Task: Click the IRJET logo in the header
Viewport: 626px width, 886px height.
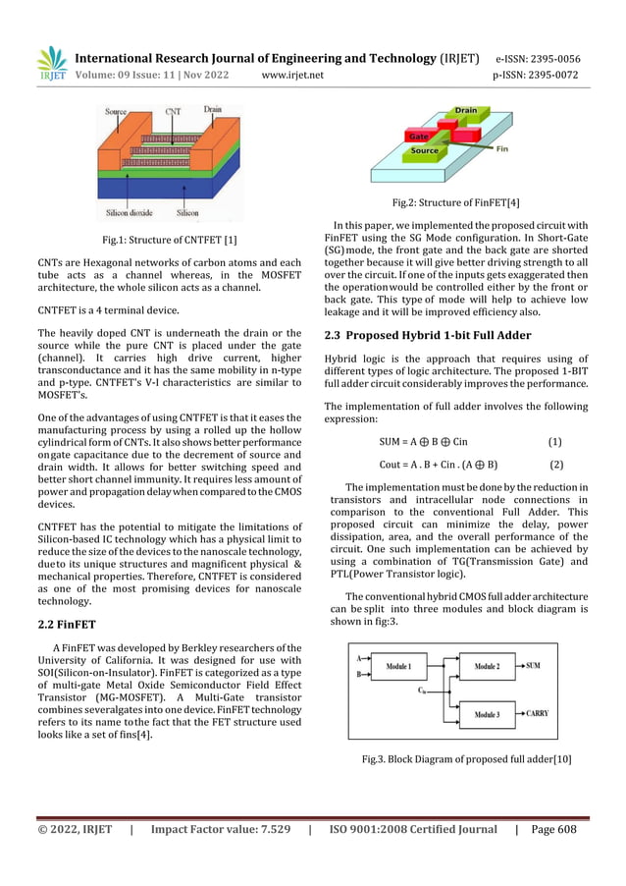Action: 54,63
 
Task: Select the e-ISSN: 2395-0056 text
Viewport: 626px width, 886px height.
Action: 538,58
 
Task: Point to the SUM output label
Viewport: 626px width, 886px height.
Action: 534,666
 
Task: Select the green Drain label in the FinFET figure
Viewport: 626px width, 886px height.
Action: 465,111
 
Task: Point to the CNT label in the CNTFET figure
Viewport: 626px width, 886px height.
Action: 173,112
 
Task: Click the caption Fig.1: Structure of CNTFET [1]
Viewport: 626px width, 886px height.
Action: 170,241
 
